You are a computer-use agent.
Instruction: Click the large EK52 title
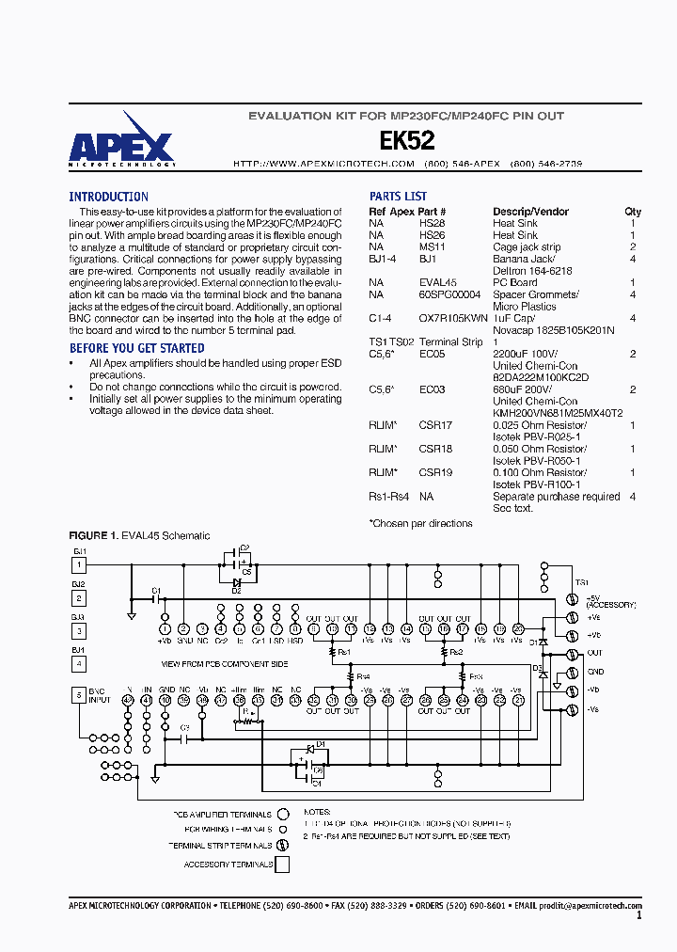pyautogui.click(x=406, y=141)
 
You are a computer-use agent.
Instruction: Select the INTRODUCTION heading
pyautogui.click(x=108, y=197)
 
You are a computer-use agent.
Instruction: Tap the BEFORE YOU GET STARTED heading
pyautogui.click(x=136, y=348)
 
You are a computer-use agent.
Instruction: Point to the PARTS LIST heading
pyautogui.click(x=398, y=197)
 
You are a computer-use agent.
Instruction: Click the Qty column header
pyautogui.click(x=633, y=212)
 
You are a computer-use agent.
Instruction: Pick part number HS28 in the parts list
pyautogui.click(x=432, y=224)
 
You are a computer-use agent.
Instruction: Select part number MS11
pyautogui.click(x=432, y=247)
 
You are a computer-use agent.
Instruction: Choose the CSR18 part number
pyautogui.click(x=435, y=449)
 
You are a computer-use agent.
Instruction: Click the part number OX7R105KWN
pyautogui.click(x=453, y=318)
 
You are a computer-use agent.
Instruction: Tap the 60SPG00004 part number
pyautogui.click(x=450, y=294)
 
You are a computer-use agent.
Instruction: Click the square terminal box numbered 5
pyautogui.click(x=79, y=695)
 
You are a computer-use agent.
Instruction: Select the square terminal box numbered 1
pyautogui.click(x=79, y=564)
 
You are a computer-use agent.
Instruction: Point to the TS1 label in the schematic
pyautogui.click(x=581, y=582)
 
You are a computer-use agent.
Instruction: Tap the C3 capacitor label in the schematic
pyautogui.click(x=184, y=727)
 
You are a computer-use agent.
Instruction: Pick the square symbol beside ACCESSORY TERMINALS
pyautogui.click(x=281, y=864)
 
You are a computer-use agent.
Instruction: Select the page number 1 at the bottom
pyautogui.click(x=639, y=914)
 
